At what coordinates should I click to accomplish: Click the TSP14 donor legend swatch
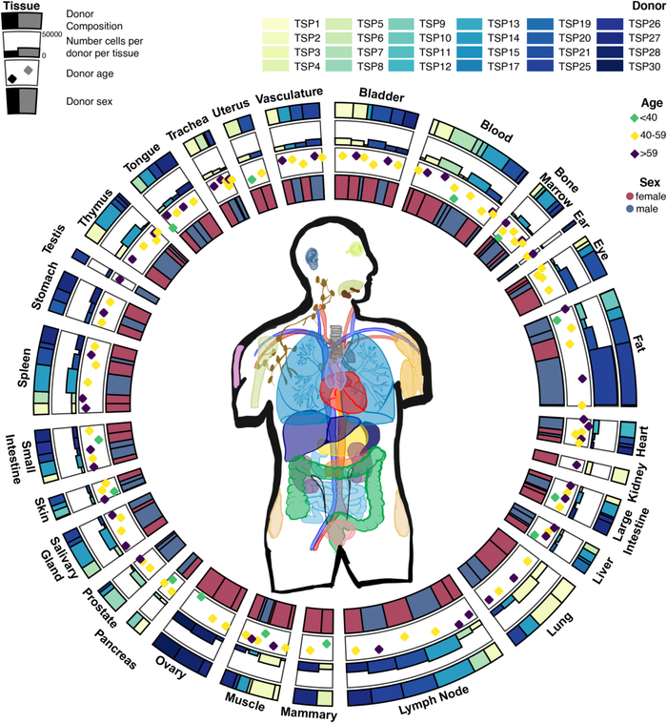[470, 38]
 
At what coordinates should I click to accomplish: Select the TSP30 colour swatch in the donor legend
[611, 67]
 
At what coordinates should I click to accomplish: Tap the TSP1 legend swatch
[275, 24]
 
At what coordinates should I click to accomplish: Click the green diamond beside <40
[635, 118]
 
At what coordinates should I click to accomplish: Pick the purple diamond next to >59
[635, 154]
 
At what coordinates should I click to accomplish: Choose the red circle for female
[630, 196]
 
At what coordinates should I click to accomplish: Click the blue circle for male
[630, 209]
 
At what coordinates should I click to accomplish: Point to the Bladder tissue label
[381, 95]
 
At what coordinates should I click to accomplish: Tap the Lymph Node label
[434, 700]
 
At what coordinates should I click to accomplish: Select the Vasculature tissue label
[290, 96]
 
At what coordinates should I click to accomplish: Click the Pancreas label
[115, 650]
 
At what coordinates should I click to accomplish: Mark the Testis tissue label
[54, 238]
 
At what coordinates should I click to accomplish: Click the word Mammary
[309, 713]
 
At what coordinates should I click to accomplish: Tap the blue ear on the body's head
[313, 258]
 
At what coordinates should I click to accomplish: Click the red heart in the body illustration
[344, 391]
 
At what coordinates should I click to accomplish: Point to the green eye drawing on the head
[355, 249]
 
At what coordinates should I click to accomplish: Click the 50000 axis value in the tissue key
[51, 34]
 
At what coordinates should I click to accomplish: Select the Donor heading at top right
[649, 6]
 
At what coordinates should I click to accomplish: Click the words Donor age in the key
[90, 73]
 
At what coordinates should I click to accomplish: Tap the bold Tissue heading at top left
[21, 6]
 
